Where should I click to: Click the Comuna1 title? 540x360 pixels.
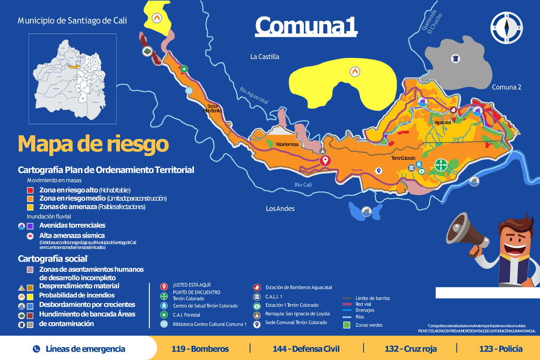click(x=306, y=26)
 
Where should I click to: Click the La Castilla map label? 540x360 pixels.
click(x=265, y=57)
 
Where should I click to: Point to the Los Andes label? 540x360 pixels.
click(x=280, y=209)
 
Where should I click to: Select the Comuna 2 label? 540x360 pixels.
click(x=506, y=87)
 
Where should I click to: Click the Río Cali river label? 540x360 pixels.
click(x=303, y=185)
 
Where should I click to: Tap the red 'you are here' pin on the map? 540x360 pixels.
click(x=325, y=161)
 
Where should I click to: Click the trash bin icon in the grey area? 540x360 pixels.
click(x=456, y=58)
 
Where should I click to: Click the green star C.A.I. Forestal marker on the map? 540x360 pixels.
click(x=184, y=69)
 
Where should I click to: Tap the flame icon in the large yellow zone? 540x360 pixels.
click(x=355, y=71)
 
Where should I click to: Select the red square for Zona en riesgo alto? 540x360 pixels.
click(x=31, y=190)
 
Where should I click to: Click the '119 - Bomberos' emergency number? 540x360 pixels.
click(x=200, y=349)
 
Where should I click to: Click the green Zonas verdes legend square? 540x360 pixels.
click(x=346, y=324)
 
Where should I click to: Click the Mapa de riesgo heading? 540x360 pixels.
click(x=93, y=144)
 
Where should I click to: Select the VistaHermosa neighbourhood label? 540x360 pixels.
click(x=287, y=144)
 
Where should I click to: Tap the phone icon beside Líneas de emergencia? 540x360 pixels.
click(x=36, y=349)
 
